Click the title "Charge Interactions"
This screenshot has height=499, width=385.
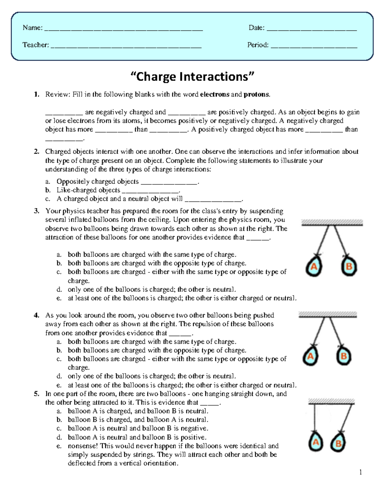(192, 77)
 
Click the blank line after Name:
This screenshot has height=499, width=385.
(124, 30)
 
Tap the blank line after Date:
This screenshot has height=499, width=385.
(312, 30)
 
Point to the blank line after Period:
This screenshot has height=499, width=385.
(314, 47)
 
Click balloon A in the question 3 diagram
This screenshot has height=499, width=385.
(313, 266)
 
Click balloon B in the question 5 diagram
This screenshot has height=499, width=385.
(338, 443)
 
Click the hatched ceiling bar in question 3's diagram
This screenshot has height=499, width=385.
(332, 222)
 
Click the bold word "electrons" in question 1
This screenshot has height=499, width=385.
(214, 94)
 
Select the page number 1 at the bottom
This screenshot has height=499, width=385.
(361, 472)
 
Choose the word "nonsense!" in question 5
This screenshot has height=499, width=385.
(83, 446)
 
